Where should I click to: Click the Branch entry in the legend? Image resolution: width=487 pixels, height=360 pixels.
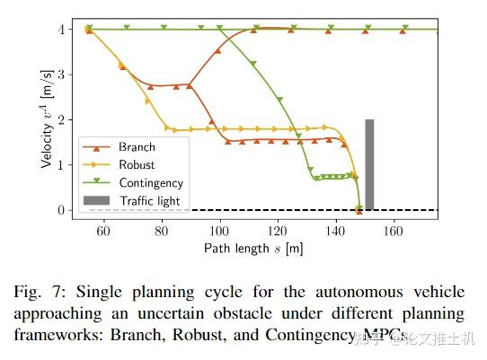click(137, 147)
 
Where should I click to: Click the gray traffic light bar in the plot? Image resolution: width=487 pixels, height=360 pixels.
click(368, 164)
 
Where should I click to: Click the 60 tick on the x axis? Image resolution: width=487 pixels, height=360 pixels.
click(102, 230)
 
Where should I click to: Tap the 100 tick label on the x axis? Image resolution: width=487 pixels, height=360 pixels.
click(218, 230)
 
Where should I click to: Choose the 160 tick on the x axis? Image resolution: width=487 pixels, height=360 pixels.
click(393, 230)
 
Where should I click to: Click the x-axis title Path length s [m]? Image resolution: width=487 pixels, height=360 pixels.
click(254, 247)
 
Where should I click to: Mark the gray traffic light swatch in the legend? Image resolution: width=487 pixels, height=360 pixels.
click(97, 199)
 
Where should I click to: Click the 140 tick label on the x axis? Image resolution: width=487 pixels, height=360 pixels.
click(334, 230)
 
